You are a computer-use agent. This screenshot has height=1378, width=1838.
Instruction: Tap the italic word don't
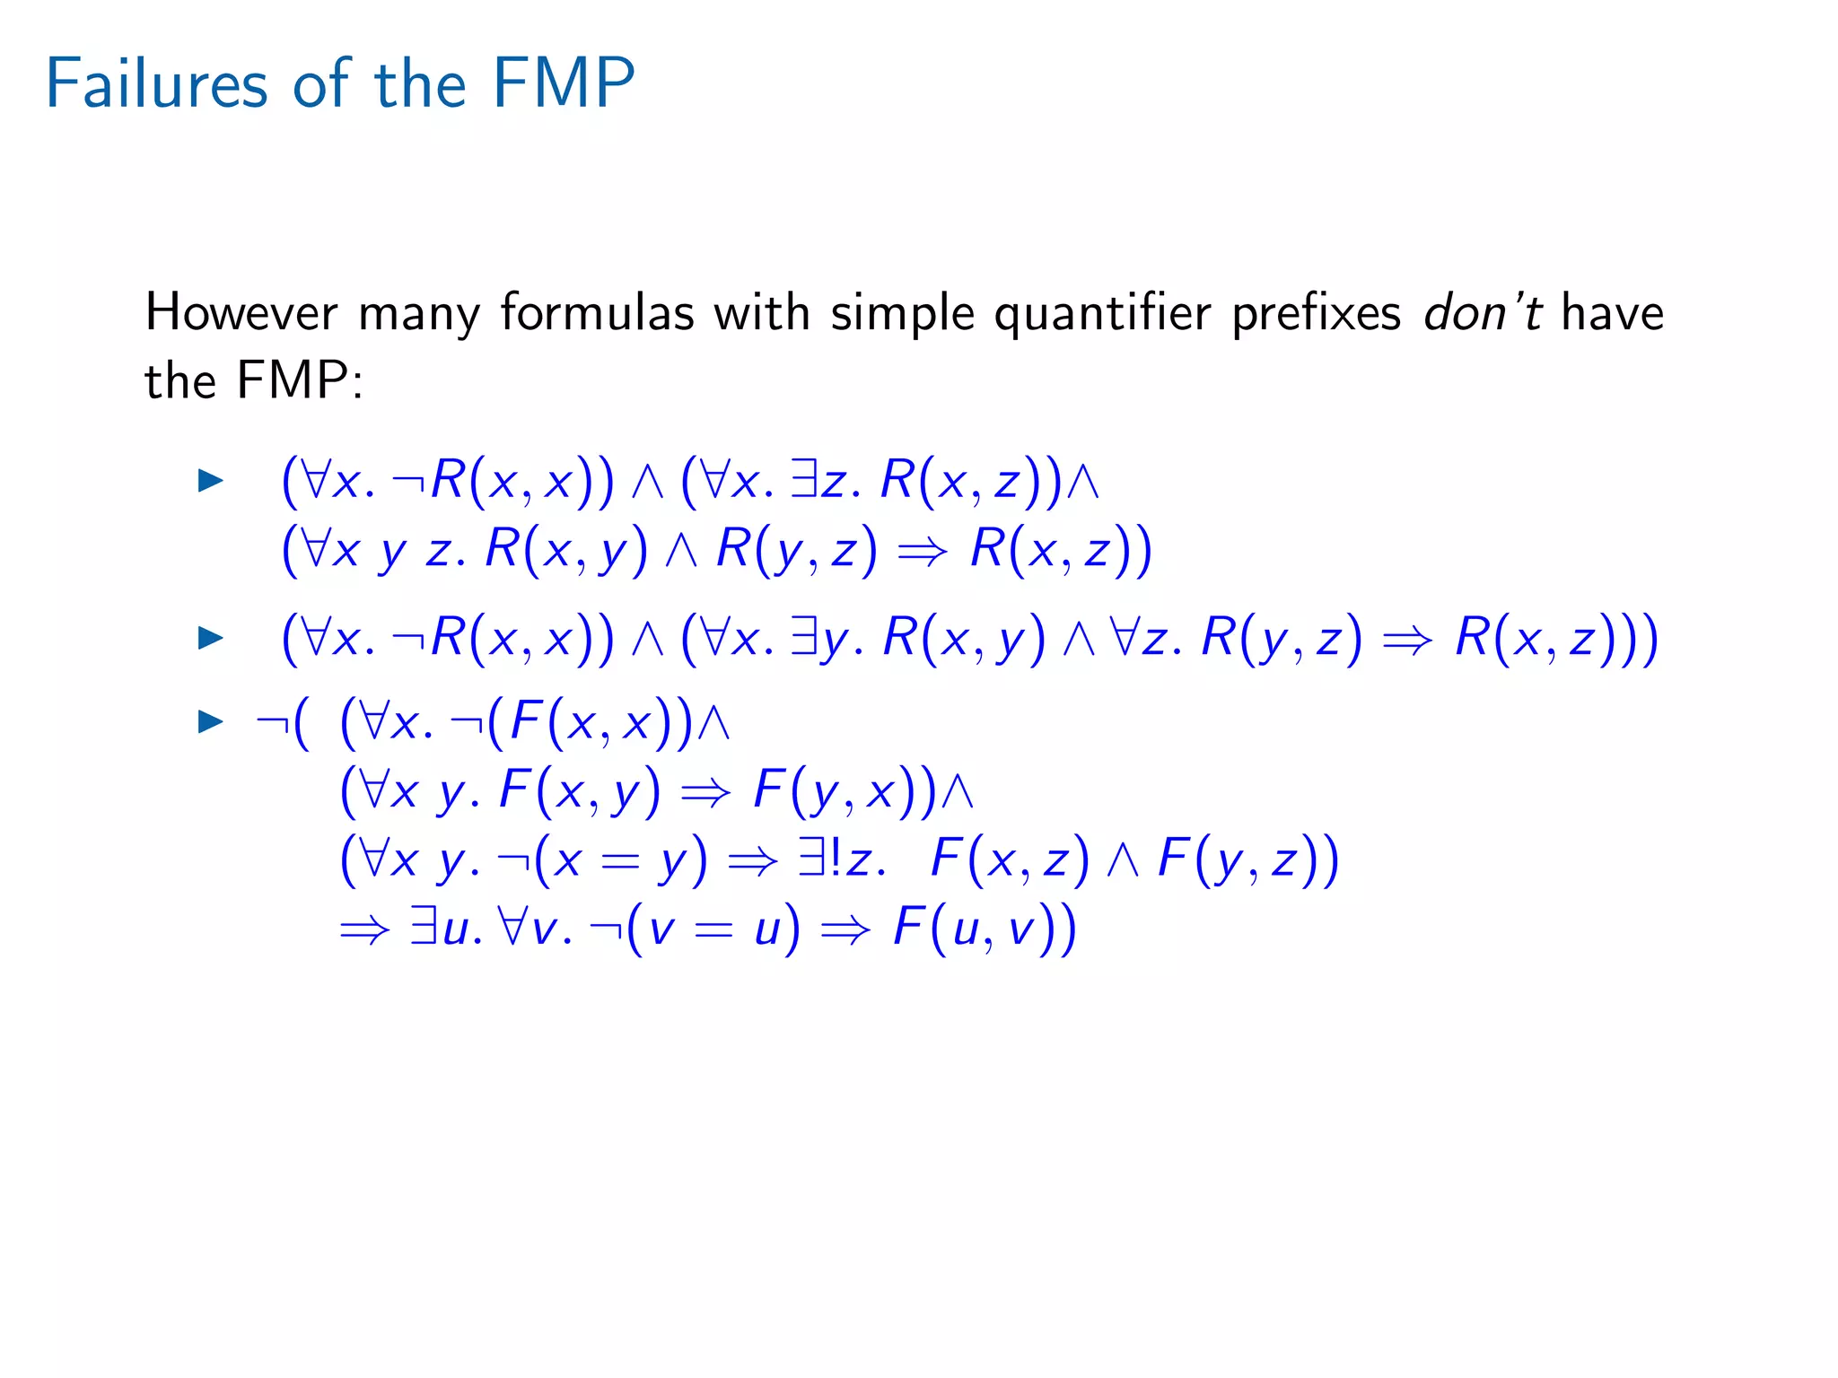tap(1482, 313)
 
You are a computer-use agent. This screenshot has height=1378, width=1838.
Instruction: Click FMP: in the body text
tap(300, 380)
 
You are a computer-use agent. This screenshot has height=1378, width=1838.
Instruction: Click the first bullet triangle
tap(210, 480)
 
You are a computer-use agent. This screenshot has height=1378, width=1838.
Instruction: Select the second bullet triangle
tap(210, 638)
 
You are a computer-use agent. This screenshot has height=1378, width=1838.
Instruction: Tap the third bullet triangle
tap(210, 720)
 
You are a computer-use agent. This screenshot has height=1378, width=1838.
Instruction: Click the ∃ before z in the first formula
tap(804, 480)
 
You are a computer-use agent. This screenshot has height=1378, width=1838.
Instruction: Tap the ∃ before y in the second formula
tap(805, 638)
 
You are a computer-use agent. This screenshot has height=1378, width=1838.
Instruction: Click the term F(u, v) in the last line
tap(984, 929)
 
